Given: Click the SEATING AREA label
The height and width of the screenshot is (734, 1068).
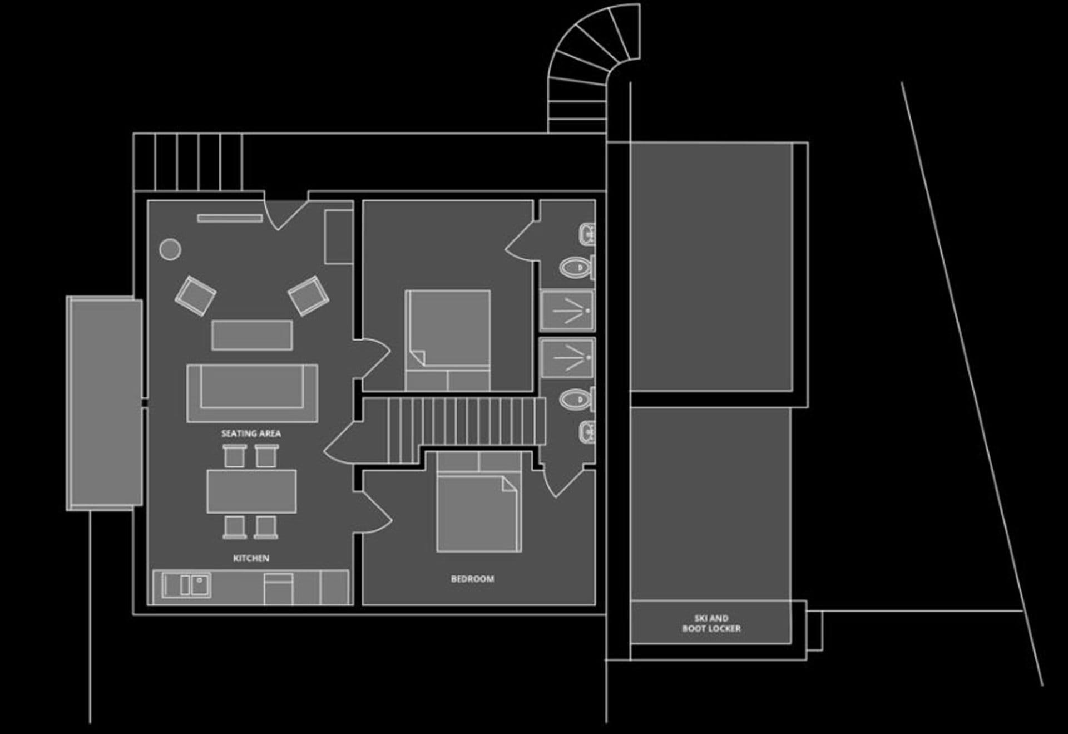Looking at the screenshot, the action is coord(251,433).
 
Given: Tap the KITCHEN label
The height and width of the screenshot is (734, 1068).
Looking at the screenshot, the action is coord(251,558).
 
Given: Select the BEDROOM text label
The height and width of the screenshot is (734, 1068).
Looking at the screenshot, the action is coord(472,579).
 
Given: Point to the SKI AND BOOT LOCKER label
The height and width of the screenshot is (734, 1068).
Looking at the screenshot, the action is coord(711,623).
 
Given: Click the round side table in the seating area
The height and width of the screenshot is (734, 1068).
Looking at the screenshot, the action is coord(170,249).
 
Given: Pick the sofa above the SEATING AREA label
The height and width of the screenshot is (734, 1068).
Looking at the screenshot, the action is coord(252,393).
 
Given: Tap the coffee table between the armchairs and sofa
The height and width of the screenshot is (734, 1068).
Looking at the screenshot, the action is coord(252,335).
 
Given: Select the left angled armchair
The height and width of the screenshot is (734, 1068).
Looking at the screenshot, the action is coord(195,295).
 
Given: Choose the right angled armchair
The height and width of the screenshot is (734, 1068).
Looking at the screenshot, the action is coord(308,295).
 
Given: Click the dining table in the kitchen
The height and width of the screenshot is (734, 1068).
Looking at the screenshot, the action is coord(251,491).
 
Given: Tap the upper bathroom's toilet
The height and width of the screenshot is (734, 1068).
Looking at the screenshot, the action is coord(577,268).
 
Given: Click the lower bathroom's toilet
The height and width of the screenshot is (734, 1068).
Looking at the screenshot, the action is coord(577,399).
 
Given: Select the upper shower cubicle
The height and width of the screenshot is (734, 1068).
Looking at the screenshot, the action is coord(567,310).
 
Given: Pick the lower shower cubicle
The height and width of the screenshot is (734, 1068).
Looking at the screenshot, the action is coord(567,358).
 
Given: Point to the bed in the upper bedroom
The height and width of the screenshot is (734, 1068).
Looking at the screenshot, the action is coord(448,340).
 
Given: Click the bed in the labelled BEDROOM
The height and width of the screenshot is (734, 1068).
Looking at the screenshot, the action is coord(479,501).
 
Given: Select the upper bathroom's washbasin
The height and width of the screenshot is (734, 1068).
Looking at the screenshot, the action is coord(587,234).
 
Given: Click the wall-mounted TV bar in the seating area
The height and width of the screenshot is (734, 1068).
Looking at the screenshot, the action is coord(230,218).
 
